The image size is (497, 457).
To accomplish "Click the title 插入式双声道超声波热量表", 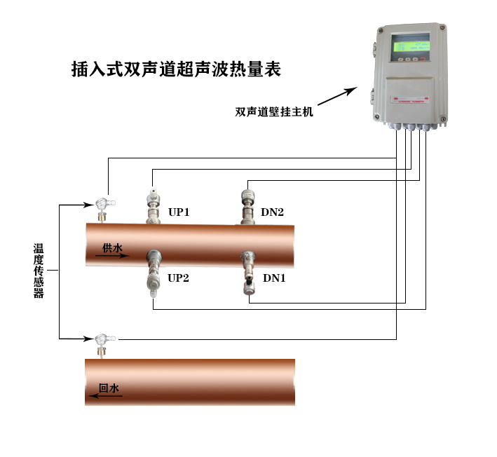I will click(x=175, y=69).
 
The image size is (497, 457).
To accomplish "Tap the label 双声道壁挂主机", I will click(x=274, y=111).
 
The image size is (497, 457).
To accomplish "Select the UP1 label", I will click(x=179, y=212).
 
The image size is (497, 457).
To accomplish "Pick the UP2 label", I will click(x=179, y=278).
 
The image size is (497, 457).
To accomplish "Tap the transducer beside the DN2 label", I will click(x=247, y=205).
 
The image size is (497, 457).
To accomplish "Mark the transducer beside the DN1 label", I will click(x=247, y=273).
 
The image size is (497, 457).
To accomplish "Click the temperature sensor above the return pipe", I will click(x=102, y=343).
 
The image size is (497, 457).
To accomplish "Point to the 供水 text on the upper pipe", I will click(x=112, y=247).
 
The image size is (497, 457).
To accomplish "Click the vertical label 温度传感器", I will click(x=39, y=271).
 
